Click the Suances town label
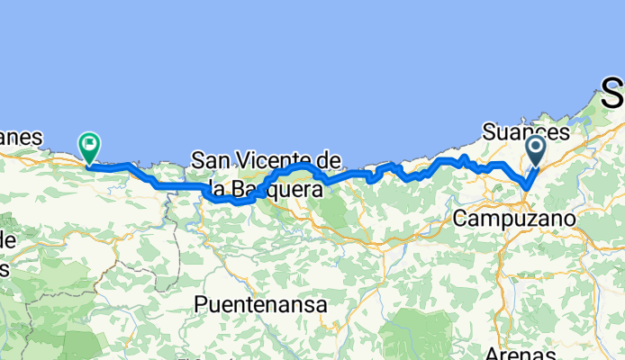coord(526,131)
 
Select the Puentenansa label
coord(260,305)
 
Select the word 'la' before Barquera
coord(214,190)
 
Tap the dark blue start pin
coord(535,149)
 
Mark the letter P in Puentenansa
coord(201,305)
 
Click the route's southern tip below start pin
coord(526,186)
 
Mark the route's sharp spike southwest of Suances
coord(463,157)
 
